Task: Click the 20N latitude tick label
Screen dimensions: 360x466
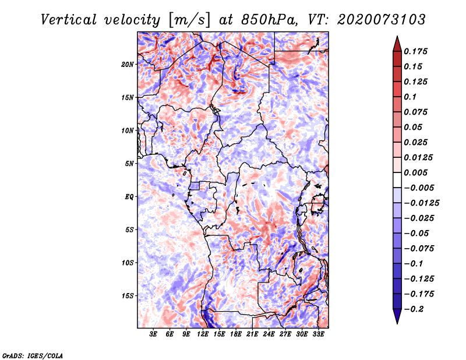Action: [128, 64]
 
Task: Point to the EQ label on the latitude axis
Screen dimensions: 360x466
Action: [129, 196]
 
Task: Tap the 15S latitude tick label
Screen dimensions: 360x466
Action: [128, 295]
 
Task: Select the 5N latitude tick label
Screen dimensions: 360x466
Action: [129, 164]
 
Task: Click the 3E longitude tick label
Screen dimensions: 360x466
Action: [154, 334]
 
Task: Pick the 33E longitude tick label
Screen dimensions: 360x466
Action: [318, 334]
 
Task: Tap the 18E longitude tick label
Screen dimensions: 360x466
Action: [236, 334]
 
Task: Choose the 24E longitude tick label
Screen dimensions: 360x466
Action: [269, 334]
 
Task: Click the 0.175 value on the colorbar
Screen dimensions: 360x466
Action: [417, 51]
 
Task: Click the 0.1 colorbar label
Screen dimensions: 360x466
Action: [411, 97]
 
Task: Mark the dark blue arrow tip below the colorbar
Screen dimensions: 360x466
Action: [397, 319]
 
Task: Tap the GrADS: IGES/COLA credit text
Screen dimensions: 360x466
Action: [33, 355]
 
